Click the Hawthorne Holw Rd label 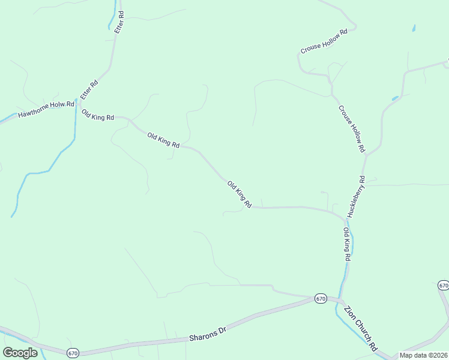tap(46, 109)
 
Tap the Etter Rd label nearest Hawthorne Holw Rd tap(88, 90)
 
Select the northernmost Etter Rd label tap(119, 22)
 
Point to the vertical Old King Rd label tap(347, 244)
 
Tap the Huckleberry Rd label tap(355, 197)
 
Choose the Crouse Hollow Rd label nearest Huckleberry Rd tap(352, 128)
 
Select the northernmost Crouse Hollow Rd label tap(324, 42)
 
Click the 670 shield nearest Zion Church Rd tap(321, 298)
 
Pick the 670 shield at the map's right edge tap(444, 284)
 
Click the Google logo tap(20, 352)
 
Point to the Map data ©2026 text tap(423, 355)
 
